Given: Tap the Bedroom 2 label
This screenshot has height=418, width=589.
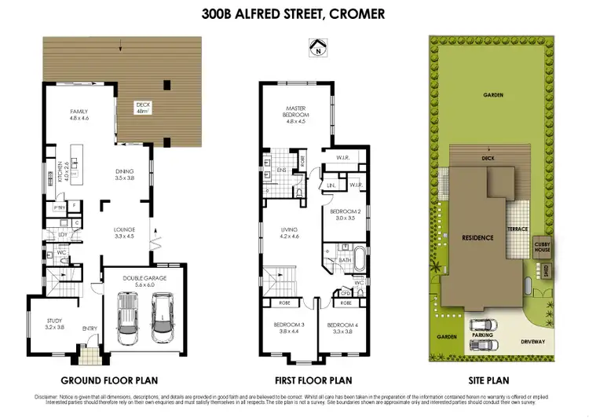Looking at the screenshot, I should click(345, 215).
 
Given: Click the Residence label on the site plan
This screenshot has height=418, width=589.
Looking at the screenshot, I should click(477, 237).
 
